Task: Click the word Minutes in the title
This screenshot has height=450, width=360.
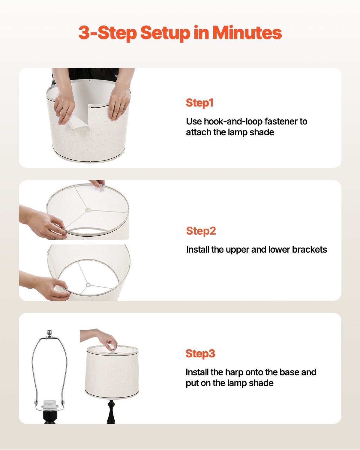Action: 247,33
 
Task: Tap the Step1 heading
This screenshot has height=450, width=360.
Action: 199,103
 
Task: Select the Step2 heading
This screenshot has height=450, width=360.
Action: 201,231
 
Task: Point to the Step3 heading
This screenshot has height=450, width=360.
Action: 200,353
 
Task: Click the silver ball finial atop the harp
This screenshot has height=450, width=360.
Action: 49,332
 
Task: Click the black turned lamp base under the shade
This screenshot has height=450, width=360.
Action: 111,412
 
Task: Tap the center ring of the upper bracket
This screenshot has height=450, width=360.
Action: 88,209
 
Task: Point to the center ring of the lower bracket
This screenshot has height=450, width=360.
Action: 88,285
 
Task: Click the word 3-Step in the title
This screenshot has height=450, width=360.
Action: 107,33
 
